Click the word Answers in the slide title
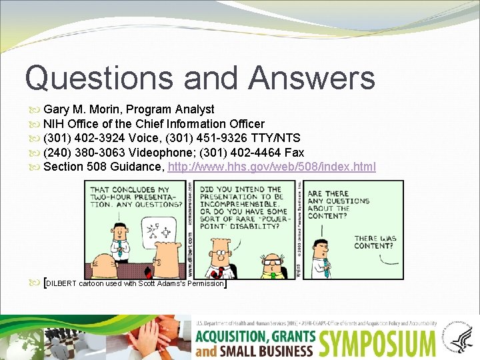click(x=312, y=77)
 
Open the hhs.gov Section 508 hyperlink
click(x=272, y=167)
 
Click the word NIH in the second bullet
click(x=54, y=123)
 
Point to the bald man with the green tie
click(x=271, y=265)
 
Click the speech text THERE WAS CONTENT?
click(x=375, y=242)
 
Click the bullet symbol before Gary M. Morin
click(x=35, y=109)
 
